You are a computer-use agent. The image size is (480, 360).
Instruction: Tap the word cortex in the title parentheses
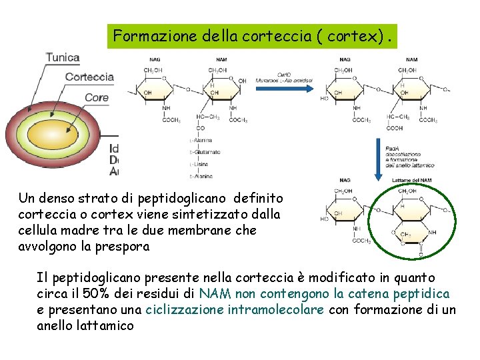[357, 36]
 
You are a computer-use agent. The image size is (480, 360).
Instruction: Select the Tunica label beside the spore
[63, 58]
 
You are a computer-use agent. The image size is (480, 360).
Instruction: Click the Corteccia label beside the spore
[89, 77]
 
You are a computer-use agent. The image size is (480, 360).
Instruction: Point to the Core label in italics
[97, 97]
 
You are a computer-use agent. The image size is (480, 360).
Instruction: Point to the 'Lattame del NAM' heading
[413, 180]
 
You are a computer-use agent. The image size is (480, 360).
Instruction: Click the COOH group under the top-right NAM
[395, 129]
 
